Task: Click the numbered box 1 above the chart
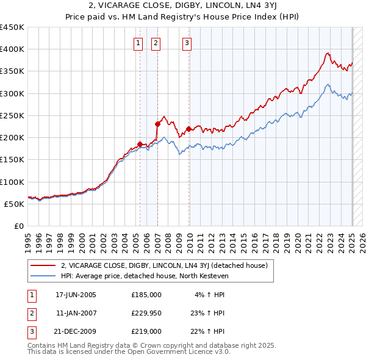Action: point(138,43)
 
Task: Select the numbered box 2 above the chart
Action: point(156,43)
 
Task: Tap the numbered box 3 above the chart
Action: point(186,43)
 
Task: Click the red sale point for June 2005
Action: point(140,144)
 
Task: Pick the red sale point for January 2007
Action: point(157,124)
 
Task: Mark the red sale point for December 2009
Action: point(189,129)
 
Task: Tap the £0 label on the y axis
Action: point(18,226)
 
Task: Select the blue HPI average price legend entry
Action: point(152,276)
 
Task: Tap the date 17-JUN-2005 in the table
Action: point(76,295)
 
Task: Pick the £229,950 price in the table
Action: point(146,313)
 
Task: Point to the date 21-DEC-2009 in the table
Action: point(76,331)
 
